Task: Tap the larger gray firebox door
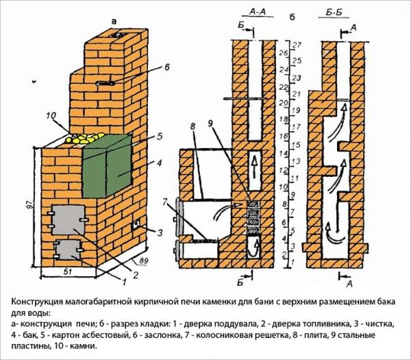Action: point(66,218)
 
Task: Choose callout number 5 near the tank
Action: point(159,136)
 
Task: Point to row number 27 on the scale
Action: point(297,45)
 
